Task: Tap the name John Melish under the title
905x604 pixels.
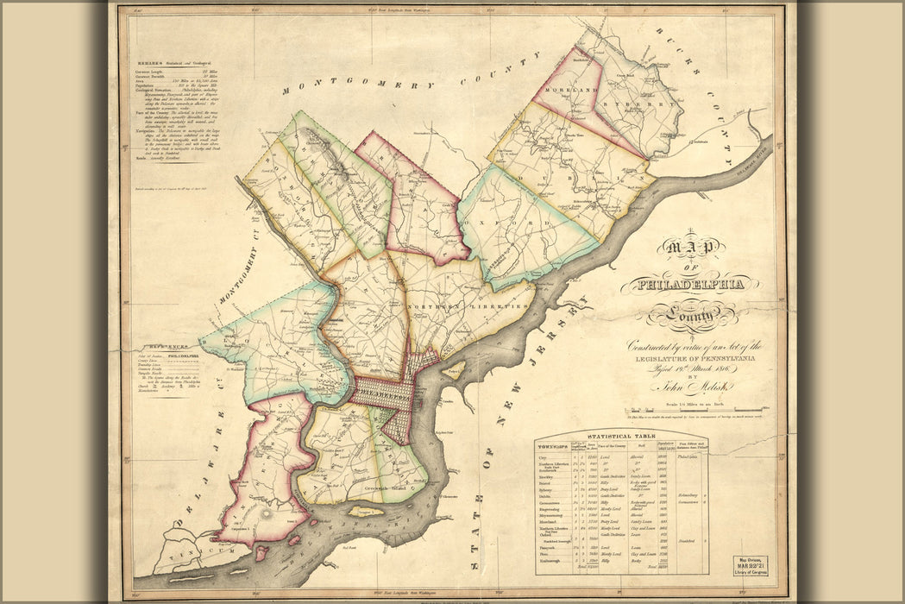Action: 687,387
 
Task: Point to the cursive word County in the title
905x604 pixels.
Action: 681,317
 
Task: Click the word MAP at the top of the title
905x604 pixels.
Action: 689,249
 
